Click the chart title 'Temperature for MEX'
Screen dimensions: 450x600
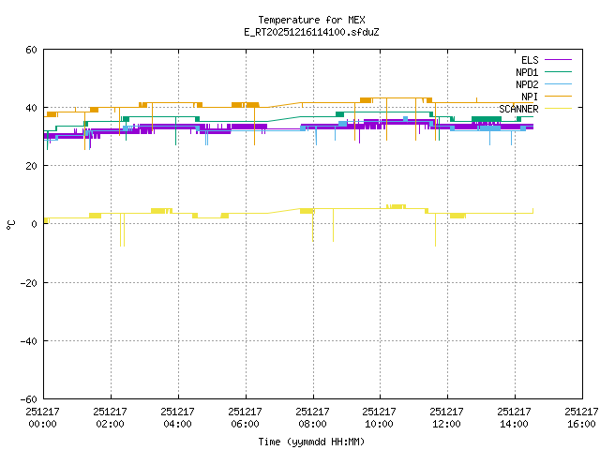[311, 20]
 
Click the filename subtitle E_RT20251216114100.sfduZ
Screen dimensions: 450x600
[311, 32]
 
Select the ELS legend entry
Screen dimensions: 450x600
[530, 60]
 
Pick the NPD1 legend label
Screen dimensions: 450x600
[526, 72]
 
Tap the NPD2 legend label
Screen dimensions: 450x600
[526, 84]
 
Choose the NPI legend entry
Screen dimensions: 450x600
[530, 97]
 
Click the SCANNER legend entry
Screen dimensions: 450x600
[518, 109]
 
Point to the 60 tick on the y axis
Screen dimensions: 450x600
[32, 50]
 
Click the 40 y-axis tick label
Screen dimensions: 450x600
[32, 108]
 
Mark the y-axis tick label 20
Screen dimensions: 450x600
[32, 166]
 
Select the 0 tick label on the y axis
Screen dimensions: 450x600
[35, 224]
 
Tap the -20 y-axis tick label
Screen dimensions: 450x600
[29, 282]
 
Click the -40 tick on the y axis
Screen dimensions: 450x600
[29, 340]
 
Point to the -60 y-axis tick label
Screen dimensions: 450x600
[29, 398]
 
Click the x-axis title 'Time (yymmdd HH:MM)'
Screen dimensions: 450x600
[311, 441]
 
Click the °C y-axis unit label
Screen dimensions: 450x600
[11, 224]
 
